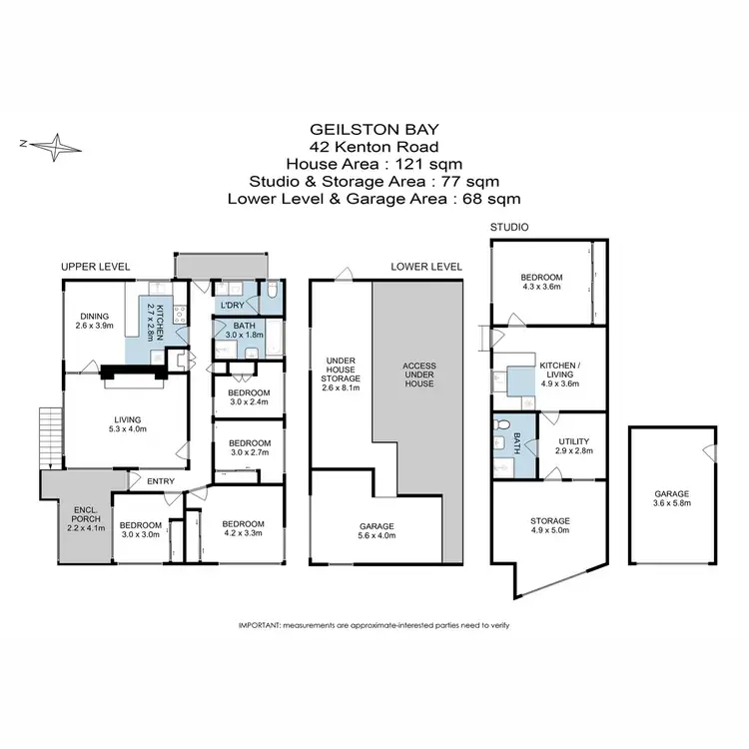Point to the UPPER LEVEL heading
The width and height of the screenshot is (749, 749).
(x=96, y=267)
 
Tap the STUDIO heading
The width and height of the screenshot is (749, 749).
(x=508, y=228)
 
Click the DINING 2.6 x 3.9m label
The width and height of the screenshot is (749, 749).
(x=95, y=321)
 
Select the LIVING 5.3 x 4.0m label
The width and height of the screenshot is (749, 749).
(x=126, y=424)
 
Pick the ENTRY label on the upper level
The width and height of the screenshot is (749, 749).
(x=160, y=481)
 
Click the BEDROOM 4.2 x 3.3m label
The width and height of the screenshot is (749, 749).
(x=243, y=529)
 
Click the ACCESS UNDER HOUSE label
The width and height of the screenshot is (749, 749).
(x=418, y=374)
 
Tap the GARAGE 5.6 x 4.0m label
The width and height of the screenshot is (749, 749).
(x=376, y=530)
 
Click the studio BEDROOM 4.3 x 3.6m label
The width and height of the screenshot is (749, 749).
(x=542, y=283)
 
